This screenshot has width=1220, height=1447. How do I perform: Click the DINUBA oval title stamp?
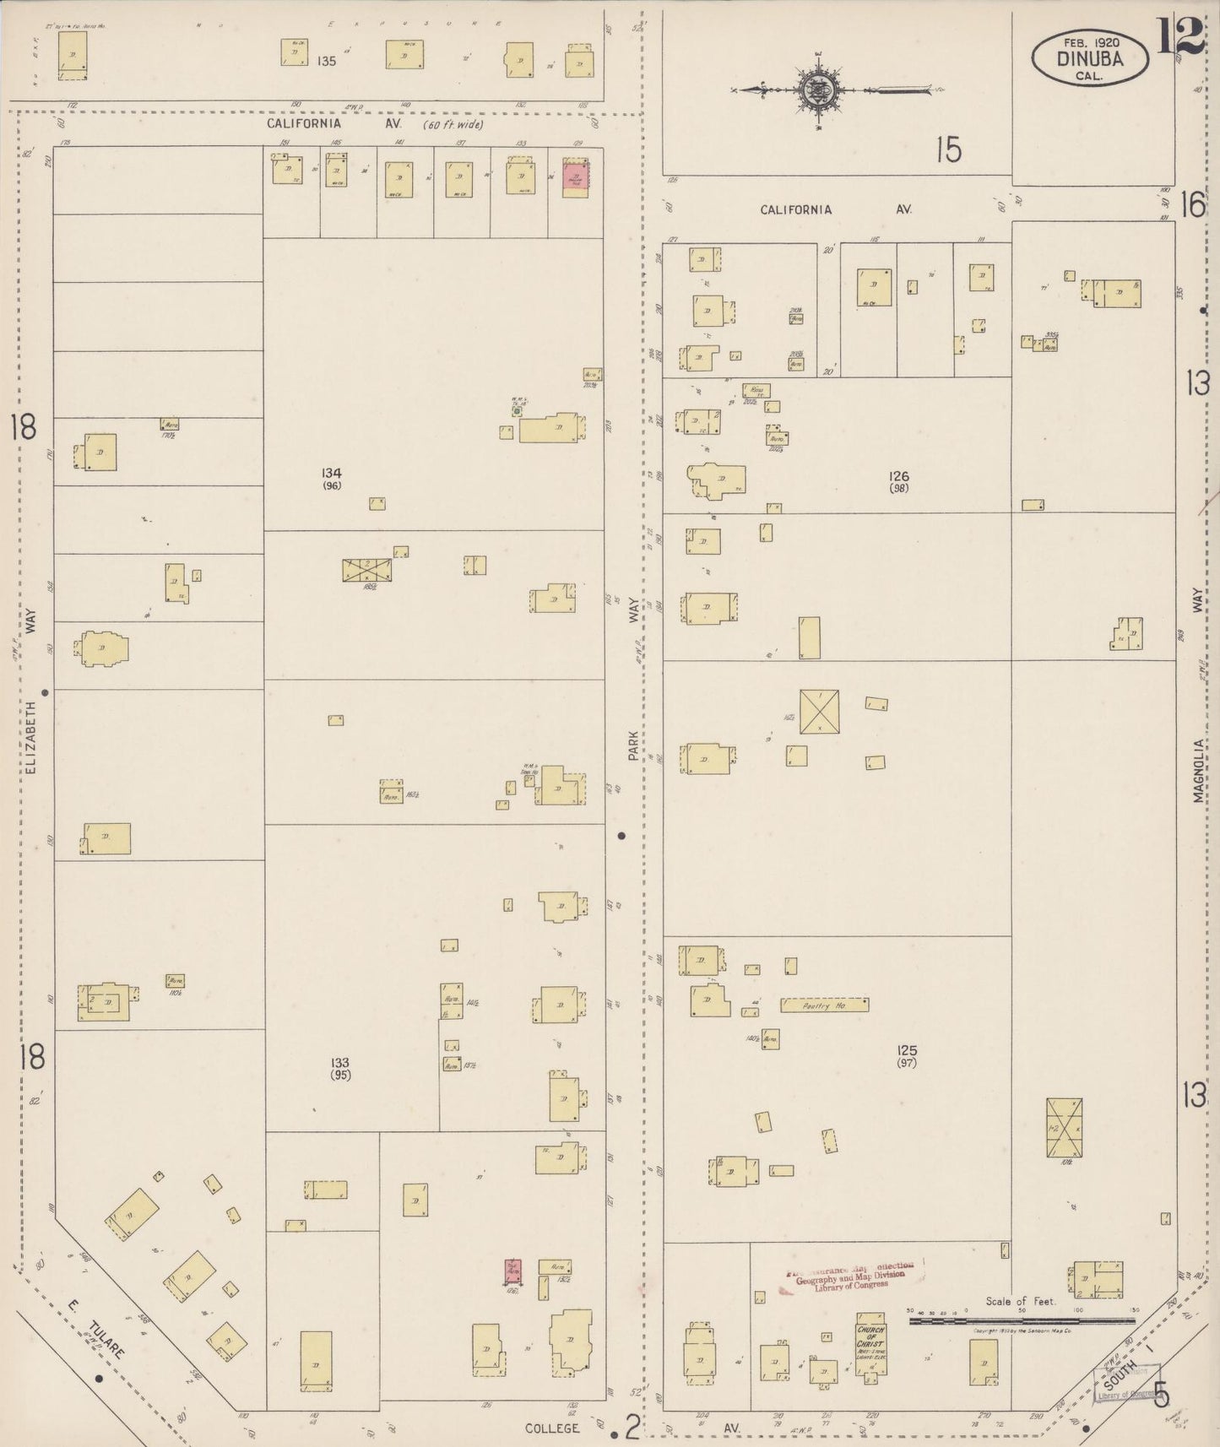1089,57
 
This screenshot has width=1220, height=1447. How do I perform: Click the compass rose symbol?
816,89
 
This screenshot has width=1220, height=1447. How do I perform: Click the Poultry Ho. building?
824,1005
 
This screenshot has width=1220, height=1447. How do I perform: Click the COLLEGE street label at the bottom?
552,1428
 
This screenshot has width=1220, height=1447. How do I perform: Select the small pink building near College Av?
512,1271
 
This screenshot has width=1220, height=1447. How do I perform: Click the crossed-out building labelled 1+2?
1064,1128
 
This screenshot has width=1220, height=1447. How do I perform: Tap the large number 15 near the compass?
948,151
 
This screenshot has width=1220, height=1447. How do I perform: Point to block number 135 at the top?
327,61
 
